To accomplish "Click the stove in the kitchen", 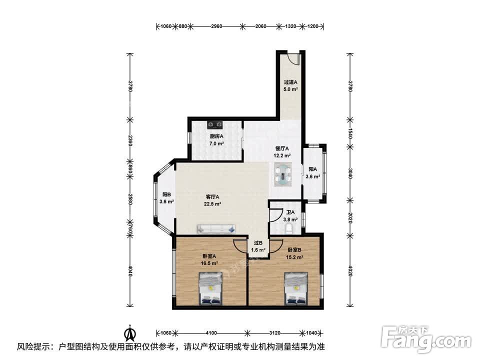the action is [x=215, y=124].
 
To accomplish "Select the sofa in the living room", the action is [x=216, y=229].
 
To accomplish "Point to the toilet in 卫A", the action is [x=288, y=228].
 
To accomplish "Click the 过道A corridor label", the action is [x=290, y=85].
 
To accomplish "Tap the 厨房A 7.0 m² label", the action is [x=216, y=139].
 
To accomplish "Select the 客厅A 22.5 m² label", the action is [x=212, y=200].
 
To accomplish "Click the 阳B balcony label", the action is [x=166, y=198].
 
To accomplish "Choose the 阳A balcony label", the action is [x=312, y=172].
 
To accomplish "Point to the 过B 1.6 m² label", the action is [x=258, y=246].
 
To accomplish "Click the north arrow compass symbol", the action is [x=130, y=333].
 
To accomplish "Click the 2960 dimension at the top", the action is [x=216, y=26].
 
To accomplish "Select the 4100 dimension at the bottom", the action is [x=211, y=333].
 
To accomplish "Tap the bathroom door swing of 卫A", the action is [x=275, y=215].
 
